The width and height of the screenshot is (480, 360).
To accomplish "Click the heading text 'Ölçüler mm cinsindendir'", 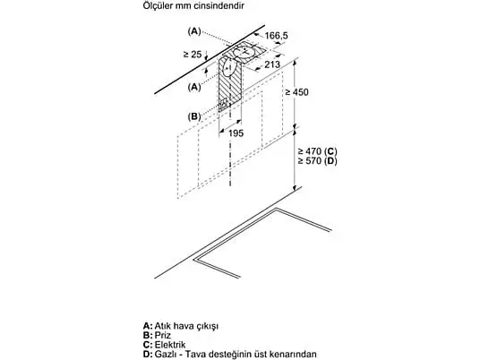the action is (x=193, y=5).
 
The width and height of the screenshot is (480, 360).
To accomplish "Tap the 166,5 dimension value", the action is (x=276, y=36).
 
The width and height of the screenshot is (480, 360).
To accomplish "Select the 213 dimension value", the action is (x=272, y=64).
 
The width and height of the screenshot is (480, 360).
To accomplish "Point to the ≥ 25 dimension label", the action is (x=193, y=55).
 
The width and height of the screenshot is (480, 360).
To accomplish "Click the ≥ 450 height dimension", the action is (x=296, y=92).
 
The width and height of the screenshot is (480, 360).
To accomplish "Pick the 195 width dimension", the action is (x=236, y=133).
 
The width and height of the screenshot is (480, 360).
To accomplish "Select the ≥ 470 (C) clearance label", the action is (x=317, y=151).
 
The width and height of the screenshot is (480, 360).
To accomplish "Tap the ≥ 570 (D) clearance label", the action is (x=317, y=160).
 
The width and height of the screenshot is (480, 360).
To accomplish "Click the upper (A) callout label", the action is (x=194, y=31).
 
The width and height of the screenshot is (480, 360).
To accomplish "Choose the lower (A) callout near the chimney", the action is (x=194, y=87).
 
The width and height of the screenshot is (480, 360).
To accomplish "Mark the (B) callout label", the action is (x=194, y=116).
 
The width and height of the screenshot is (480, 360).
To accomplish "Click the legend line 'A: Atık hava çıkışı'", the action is (x=181, y=325).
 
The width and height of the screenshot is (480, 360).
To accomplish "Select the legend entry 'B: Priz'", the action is (x=157, y=335).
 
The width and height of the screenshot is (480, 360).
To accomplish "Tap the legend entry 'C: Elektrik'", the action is (x=164, y=345).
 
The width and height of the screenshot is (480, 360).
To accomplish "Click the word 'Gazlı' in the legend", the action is (x=165, y=355).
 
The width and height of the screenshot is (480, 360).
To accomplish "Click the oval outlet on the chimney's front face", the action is (x=229, y=69).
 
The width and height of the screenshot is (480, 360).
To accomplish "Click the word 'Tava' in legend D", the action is (x=194, y=355).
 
